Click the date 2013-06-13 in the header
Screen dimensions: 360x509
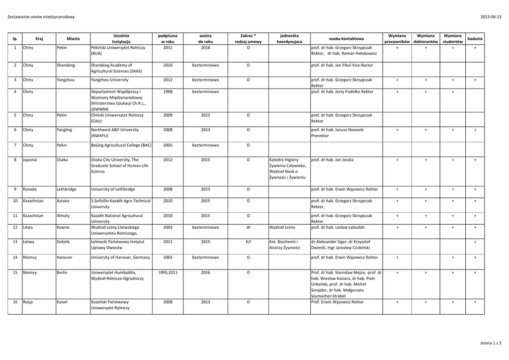tap(491, 17)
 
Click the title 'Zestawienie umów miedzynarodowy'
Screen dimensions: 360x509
tap(41, 17)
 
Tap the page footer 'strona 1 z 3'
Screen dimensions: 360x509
tap(491, 343)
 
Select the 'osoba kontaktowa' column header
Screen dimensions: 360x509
tap(346, 39)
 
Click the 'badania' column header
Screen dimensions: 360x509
tap(475, 39)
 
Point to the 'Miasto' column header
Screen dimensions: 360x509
tap(73, 39)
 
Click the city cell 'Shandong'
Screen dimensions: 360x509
tap(66, 65)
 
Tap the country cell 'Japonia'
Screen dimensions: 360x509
tap(30, 160)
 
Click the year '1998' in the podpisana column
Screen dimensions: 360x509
tap(168, 91)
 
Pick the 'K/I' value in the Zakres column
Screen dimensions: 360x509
tap(248, 242)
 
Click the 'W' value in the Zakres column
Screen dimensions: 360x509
tap(248, 227)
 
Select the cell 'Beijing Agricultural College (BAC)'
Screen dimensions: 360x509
tap(121, 145)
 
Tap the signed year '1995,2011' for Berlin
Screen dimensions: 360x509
tap(168, 273)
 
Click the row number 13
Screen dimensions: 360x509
tap(15, 242)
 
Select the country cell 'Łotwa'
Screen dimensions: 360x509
tap(29, 242)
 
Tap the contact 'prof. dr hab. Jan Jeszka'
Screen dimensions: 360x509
tap(332, 160)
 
